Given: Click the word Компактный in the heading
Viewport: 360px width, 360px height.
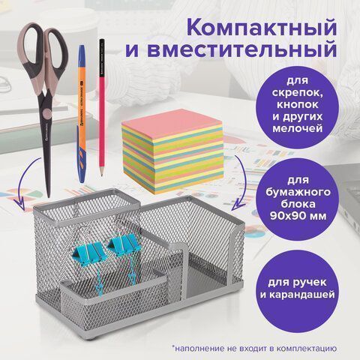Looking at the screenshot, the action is point(261,28).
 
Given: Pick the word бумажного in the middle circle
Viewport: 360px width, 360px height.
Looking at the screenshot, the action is point(298,192).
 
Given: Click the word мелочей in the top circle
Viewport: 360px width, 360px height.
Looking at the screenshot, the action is point(297,128).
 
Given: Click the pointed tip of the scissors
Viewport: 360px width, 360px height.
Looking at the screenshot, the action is point(49,196).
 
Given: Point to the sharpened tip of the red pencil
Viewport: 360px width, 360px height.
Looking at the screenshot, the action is point(101,174).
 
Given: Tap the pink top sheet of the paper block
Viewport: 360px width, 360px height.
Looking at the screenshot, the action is point(170,122).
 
